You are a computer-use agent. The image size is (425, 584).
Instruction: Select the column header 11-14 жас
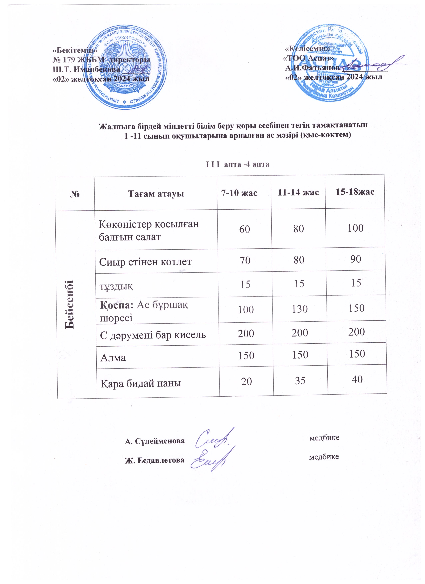tap(298, 192)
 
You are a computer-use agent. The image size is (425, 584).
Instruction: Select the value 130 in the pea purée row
tap(300, 308)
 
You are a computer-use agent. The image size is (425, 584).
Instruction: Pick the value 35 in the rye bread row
tap(300, 380)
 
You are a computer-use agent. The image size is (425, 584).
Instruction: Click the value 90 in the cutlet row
tap(356, 259)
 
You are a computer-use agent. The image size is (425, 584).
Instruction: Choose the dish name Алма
tap(113, 358)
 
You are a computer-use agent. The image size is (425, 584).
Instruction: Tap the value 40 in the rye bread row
tap(357, 379)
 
